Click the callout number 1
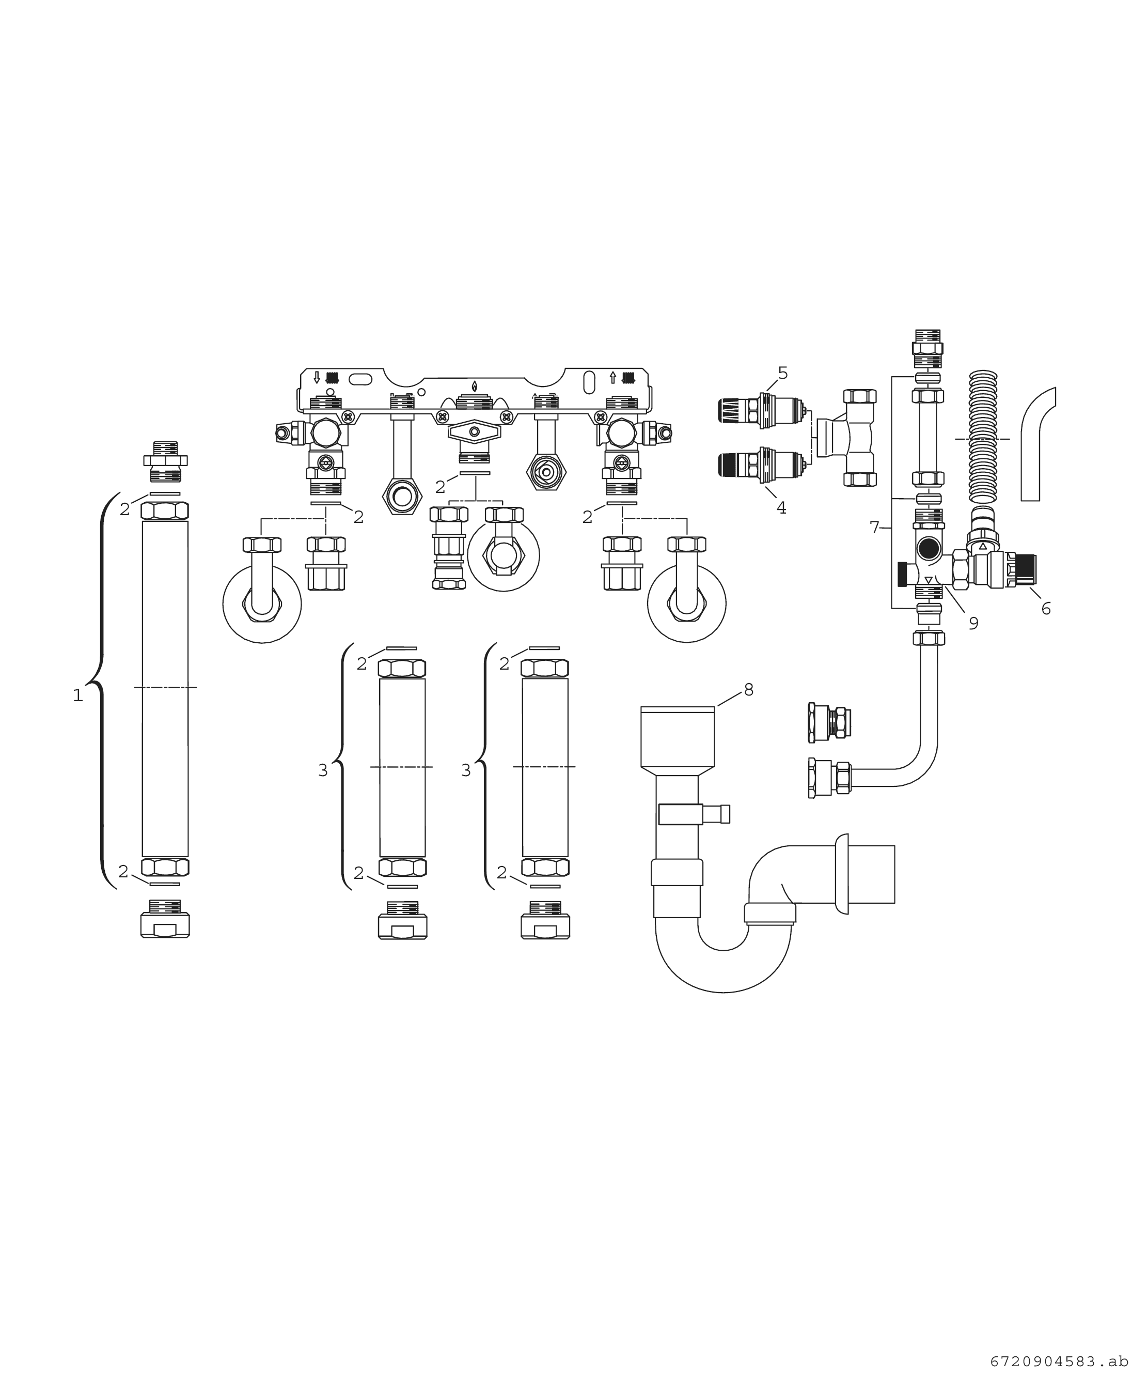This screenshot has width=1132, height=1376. [x=77, y=696]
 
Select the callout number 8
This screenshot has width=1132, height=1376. [x=749, y=690]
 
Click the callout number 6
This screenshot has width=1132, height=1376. [x=1046, y=609]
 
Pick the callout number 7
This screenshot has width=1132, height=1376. [x=874, y=527]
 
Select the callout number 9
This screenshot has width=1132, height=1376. [x=973, y=624]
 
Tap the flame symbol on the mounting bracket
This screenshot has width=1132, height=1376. [x=474, y=385]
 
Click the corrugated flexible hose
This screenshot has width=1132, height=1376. [x=984, y=437]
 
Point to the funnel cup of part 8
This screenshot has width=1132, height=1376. [x=678, y=737]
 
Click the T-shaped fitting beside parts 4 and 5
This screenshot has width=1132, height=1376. [x=847, y=438]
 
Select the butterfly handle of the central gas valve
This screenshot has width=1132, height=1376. [x=474, y=431]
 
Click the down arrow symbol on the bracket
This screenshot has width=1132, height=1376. [x=317, y=377]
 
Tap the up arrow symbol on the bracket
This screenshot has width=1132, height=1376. [x=612, y=377]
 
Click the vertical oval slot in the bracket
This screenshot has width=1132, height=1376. [x=588, y=383]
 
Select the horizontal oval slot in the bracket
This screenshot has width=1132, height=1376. [x=360, y=379]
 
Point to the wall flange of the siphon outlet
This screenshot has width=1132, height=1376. [x=842, y=874]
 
